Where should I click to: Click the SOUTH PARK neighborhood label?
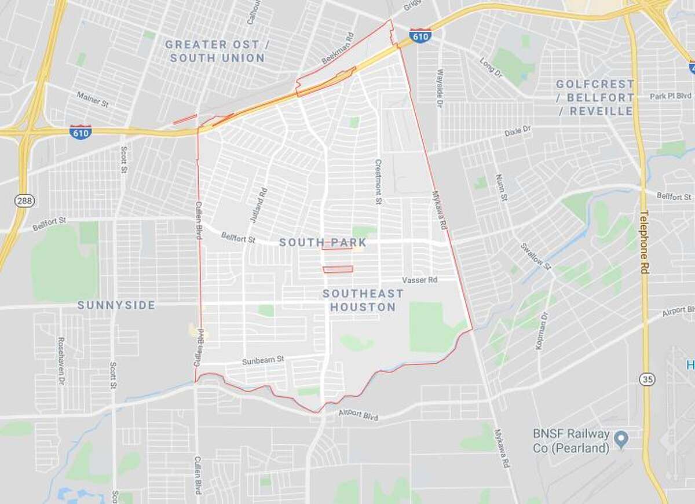[315, 242]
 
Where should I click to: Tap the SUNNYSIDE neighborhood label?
[116, 305]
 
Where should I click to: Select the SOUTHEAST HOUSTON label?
[359, 301]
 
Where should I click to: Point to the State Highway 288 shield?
[25, 200]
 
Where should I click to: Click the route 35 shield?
[648, 379]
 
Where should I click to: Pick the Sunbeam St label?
[263, 360]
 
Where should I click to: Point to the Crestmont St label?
[378, 181]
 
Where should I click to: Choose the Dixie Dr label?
[518, 130]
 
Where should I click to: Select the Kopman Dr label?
[542, 330]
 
